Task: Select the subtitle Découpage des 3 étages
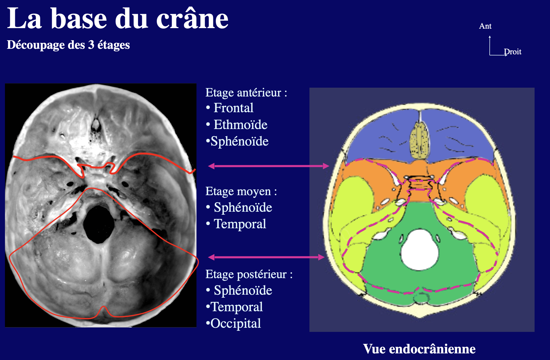[68, 45]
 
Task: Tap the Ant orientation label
[485, 26]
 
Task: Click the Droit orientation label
[513, 52]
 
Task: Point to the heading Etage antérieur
[246, 93]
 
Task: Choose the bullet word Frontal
[233, 108]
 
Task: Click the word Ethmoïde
[241, 125]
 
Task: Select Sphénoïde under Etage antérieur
[239, 141]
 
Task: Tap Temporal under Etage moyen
[240, 224]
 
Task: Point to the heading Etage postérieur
[249, 274]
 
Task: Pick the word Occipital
[236, 324]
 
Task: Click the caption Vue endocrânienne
[419, 349]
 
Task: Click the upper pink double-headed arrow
[269, 166]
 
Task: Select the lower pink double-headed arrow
[266, 257]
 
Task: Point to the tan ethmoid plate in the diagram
[419, 141]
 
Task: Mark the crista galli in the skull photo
[96, 125]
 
